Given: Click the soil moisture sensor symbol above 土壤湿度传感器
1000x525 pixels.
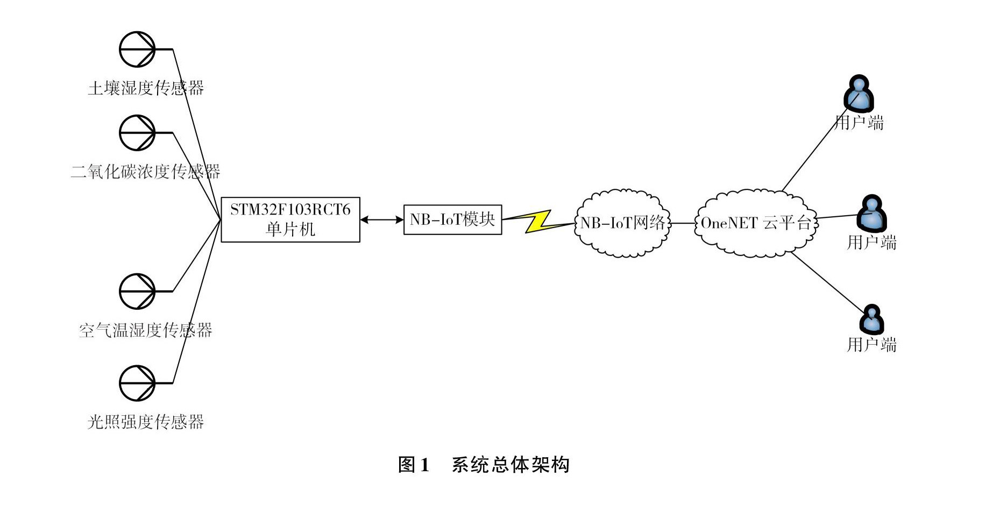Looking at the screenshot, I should tap(137, 49).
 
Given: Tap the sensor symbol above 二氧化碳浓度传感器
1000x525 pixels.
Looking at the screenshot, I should tap(137, 133).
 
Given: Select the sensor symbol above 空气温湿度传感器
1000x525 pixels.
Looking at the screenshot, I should tap(137, 292).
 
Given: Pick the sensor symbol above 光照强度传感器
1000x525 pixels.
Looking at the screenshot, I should tap(137, 383).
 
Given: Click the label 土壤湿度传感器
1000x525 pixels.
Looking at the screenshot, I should tap(146, 88).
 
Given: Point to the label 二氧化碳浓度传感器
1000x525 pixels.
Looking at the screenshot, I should tap(146, 172).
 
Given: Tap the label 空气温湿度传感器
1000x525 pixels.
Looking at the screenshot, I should tap(146, 330).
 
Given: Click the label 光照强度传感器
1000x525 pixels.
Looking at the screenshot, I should tap(146, 422).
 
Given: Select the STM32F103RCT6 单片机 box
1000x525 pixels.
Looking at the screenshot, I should tap(290, 219).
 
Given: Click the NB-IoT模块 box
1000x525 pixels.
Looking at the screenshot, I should tap(452, 219).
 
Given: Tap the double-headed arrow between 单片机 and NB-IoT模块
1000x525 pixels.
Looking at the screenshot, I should tap(382, 219).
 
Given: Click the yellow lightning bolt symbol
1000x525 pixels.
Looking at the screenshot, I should tap(538, 221).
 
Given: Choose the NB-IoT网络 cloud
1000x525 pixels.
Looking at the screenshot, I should tap(622, 223).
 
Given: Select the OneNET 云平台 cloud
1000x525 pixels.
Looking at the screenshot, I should tap(756, 223).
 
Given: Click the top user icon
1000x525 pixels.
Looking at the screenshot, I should tap(859, 93).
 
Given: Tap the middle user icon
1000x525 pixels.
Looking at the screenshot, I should tap(871, 212).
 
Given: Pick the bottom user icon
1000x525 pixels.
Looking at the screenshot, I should tap(871, 320).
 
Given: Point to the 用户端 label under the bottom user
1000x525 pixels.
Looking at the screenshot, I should tap(871, 344).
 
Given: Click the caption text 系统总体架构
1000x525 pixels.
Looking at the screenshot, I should tap(510, 465).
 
